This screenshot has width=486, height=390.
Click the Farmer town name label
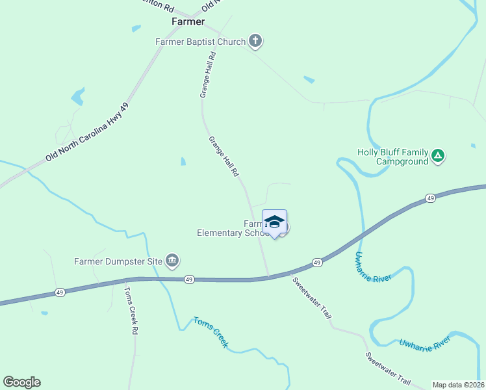188,21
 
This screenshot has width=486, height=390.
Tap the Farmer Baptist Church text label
200,42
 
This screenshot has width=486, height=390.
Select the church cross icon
255,42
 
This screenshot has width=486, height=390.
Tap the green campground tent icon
439,155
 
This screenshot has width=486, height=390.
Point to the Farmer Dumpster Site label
118,262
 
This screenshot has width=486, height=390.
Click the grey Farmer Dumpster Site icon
172,261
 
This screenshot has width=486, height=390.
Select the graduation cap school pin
274,222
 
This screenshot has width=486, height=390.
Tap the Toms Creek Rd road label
131,311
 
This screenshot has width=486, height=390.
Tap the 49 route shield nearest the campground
430,198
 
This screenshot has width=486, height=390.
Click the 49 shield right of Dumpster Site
188,278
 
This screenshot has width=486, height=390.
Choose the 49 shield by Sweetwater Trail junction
316,262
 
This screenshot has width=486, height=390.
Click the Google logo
21,382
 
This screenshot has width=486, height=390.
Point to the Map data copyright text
459,385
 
